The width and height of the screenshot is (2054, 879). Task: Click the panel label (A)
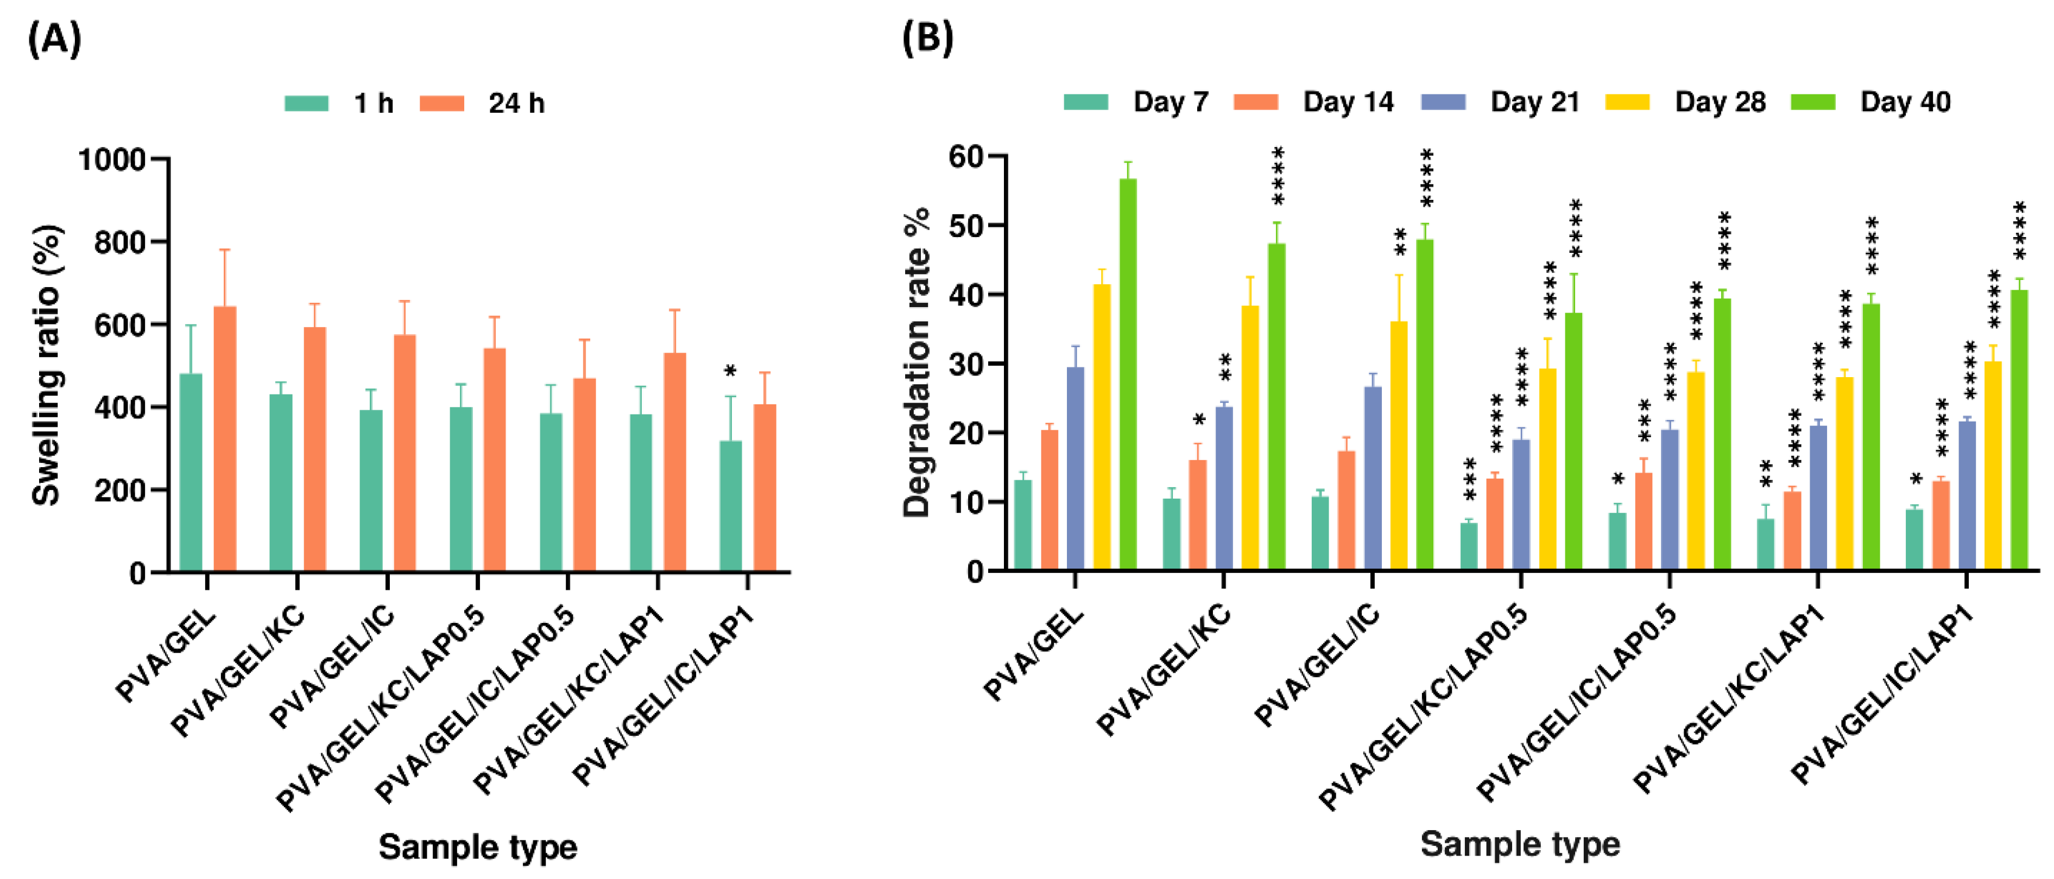(x=54, y=38)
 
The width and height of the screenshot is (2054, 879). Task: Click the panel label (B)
(x=927, y=37)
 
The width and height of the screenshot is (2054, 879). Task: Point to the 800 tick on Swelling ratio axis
(x=119, y=242)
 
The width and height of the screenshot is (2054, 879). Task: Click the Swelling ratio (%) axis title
(x=46, y=365)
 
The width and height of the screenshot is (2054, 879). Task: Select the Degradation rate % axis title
(x=917, y=362)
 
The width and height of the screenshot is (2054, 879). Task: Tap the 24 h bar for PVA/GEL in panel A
(x=225, y=438)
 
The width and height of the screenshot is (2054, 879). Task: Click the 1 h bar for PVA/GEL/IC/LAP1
(x=730, y=506)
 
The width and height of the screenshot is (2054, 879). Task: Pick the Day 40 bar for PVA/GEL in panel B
(x=1128, y=374)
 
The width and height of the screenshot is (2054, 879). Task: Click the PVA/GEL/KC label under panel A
(x=239, y=670)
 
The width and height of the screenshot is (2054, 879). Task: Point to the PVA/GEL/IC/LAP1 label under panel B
(x=1882, y=693)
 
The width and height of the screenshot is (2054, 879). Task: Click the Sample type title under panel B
(x=1519, y=844)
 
